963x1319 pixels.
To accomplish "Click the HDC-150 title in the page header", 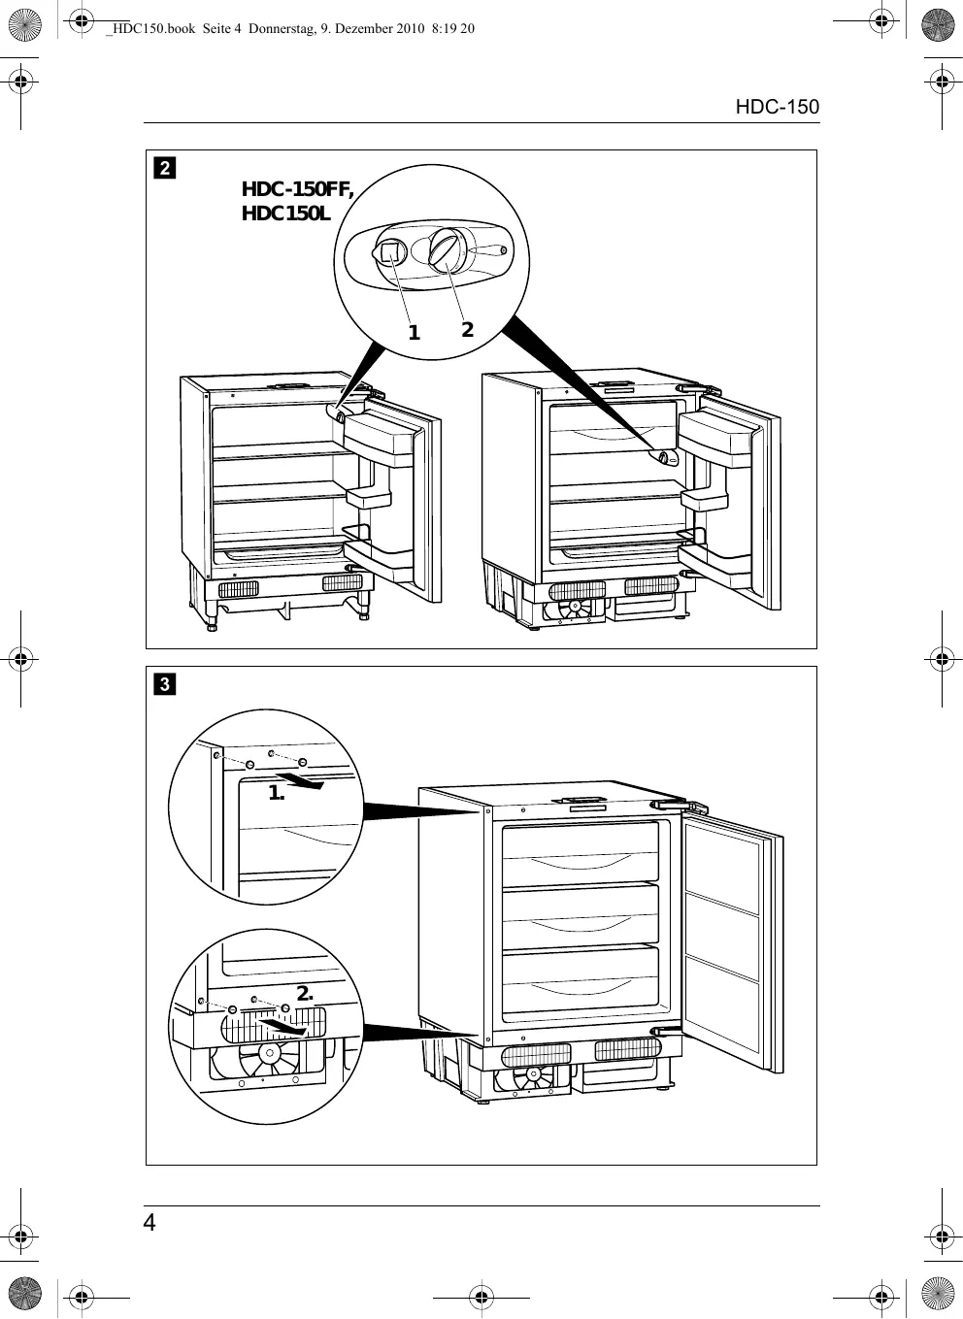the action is pyautogui.click(x=777, y=107).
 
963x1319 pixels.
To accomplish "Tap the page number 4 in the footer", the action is pyautogui.click(x=149, y=1223).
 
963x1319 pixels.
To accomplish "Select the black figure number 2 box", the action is pyautogui.click(x=165, y=168).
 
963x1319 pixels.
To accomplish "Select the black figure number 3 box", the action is pyautogui.click(x=165, y=683).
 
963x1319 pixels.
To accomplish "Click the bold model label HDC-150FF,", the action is pyautogui.click(x=297, y=189).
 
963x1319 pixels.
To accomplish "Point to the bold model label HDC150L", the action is pyautogui.click(x=285, y=214).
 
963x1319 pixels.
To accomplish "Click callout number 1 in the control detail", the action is pyautogui.click(x=415, y=333).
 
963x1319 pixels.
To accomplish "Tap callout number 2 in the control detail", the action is pyautogui.click(x=467, y=329).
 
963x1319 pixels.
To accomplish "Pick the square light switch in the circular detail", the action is pyautogui.click(x=389, y=253).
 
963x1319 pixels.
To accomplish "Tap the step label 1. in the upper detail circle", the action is pyautogui.click(x=277, y=793).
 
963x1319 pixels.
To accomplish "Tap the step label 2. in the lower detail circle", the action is pyautogui.click(x=305, y=993).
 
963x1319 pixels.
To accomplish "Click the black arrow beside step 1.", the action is pyautogui.click(x=302, y=782).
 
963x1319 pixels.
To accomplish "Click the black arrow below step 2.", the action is pyautogui.click(x=283, y=1027).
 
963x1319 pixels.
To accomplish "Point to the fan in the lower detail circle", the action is pyautogui.click(x=270, y=1053).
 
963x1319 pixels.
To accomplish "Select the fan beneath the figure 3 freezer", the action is pyautogui.click(x=533, y=1075).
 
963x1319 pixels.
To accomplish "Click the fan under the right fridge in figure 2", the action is pyautogui.click(x=574, y=608).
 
